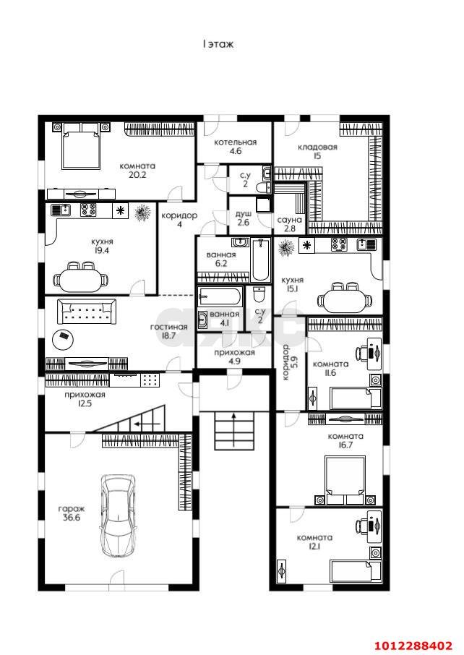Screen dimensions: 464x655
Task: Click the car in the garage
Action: click(x=119, y=515)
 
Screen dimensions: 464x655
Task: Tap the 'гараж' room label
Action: click(x=72, y=509)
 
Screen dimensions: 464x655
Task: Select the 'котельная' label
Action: click(x=235, y=142)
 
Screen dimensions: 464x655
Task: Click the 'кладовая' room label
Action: click(x=317, y=147)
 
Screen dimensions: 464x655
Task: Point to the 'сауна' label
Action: click(x=289, y=220)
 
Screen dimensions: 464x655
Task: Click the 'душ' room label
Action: click(x=243, y=214)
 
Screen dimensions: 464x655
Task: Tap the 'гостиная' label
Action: click(x=168, y=327)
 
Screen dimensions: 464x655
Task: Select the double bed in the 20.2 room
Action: click(x=82, y=146)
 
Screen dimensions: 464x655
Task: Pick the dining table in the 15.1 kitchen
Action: click(x=345, y=299)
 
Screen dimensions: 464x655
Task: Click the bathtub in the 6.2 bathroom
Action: click(x=262, y=260)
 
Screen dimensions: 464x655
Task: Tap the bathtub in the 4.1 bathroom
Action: click(x=220, y=296)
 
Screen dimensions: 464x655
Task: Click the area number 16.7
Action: click(x=345, y=445)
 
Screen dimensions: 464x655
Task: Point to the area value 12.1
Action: click(x=315, y=547)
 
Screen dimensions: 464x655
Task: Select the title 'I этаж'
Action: click(x=218, y=44)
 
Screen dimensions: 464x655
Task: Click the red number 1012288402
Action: click(x=413, y=646)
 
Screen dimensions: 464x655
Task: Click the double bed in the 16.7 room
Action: click(x=345, y=480)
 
